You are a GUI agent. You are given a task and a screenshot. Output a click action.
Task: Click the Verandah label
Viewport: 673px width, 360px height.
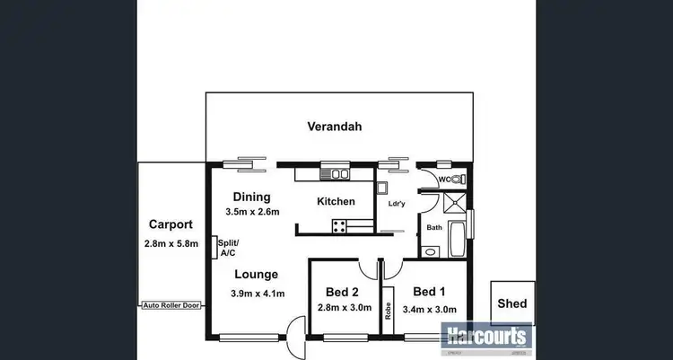point(335,127)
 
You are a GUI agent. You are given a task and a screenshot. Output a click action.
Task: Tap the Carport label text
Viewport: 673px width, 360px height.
point(169,224)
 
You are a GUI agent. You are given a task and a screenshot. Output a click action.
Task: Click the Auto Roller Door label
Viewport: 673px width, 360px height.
point(171,305)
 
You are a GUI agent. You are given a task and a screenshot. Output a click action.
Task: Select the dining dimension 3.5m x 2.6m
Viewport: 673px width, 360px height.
point(252,212)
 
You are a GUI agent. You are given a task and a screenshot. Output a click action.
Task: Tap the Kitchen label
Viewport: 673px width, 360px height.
point(336,202)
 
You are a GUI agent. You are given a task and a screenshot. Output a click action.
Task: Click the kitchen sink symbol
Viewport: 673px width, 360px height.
point(339,173)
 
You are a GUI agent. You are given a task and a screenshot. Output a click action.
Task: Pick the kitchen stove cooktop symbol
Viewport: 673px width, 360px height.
point(341,226)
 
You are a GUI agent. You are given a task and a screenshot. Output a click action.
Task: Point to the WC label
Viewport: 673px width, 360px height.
point(443,180)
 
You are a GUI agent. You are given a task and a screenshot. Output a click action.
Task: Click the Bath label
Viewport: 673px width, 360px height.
point(434,228)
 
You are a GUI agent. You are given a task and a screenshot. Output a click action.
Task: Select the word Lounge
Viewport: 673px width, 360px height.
point(257,275)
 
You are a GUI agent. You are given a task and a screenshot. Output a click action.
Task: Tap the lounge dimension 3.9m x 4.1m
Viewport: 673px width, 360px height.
point(258,294)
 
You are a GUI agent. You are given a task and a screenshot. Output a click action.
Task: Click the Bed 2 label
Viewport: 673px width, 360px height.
point(342,292)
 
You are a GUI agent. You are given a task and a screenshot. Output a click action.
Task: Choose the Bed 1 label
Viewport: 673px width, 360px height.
point(430,291)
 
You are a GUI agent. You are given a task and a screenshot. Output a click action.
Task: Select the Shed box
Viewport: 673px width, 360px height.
point(512,303)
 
